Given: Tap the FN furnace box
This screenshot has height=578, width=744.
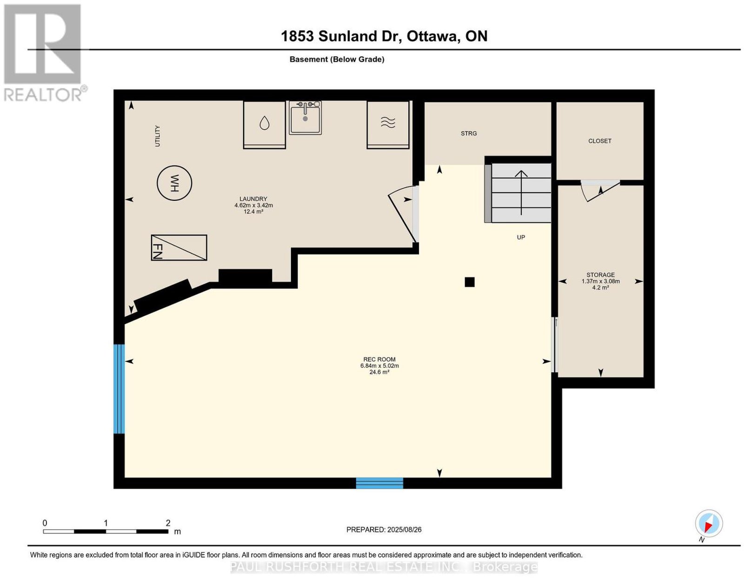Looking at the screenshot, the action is pyautogui.click(x=179, y=247).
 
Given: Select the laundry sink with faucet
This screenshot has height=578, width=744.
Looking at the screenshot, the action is pyautogui.click(x=305, y=117).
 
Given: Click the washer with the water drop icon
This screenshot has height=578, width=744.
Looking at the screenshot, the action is pyautogui.click(x=264, y=125).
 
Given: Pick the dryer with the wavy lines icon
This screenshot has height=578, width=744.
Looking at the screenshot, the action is pyautogui.click(x=388, y=125).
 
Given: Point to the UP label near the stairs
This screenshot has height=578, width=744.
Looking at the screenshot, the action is pyautogui.click(x=521, y=237).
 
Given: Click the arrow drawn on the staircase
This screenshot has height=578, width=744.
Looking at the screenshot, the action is pyautogui.click(x=521, y=193).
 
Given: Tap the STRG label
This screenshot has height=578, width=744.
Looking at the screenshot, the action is pyautogui.click(x=468, y=133).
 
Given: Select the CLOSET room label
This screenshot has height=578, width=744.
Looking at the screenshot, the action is pyautogui.click(x=599, y=140).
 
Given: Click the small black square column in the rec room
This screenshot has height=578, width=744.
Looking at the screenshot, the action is pyautogui.click(x=469, y=282).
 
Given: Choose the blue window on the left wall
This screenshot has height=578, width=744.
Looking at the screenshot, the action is pyautogui.click(x=119, y=389).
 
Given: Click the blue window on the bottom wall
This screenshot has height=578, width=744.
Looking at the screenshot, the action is pyautogui.click(x=379, y=483).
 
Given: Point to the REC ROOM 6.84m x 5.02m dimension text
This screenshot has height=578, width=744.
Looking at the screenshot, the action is pyautogui.click(x=379, y=365).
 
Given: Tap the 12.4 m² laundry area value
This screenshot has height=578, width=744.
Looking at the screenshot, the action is pyautogui.click(x=253, y=212).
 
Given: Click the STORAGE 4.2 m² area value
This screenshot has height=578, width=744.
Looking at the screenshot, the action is pyautogui.click(x=600, y=287).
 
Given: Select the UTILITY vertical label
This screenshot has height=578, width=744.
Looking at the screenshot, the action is pyautogui.click(x=158, y=136).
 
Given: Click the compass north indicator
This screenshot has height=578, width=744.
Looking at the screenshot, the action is pyautogui.click(x=709, y=523).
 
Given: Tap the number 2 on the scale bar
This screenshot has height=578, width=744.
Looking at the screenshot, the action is pyautogui.click(x=168, y=523).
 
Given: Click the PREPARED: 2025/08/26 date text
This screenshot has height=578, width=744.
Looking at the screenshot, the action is pyautogui.click(x=384, y=530).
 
